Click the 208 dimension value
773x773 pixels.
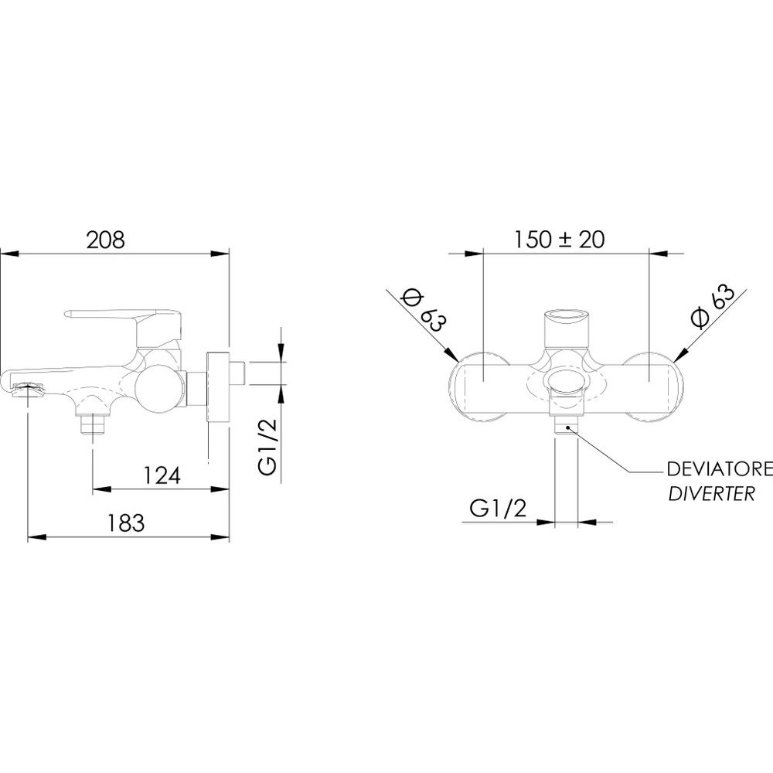point(106,240)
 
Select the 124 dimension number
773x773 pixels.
point(162,475)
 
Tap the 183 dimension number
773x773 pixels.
point(126,523)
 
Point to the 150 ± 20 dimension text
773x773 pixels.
point(559,240)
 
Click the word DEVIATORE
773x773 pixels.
point(720,469)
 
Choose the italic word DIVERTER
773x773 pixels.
point(711,493)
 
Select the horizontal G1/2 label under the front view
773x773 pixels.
point(498,508)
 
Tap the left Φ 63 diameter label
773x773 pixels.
point(424,311)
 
